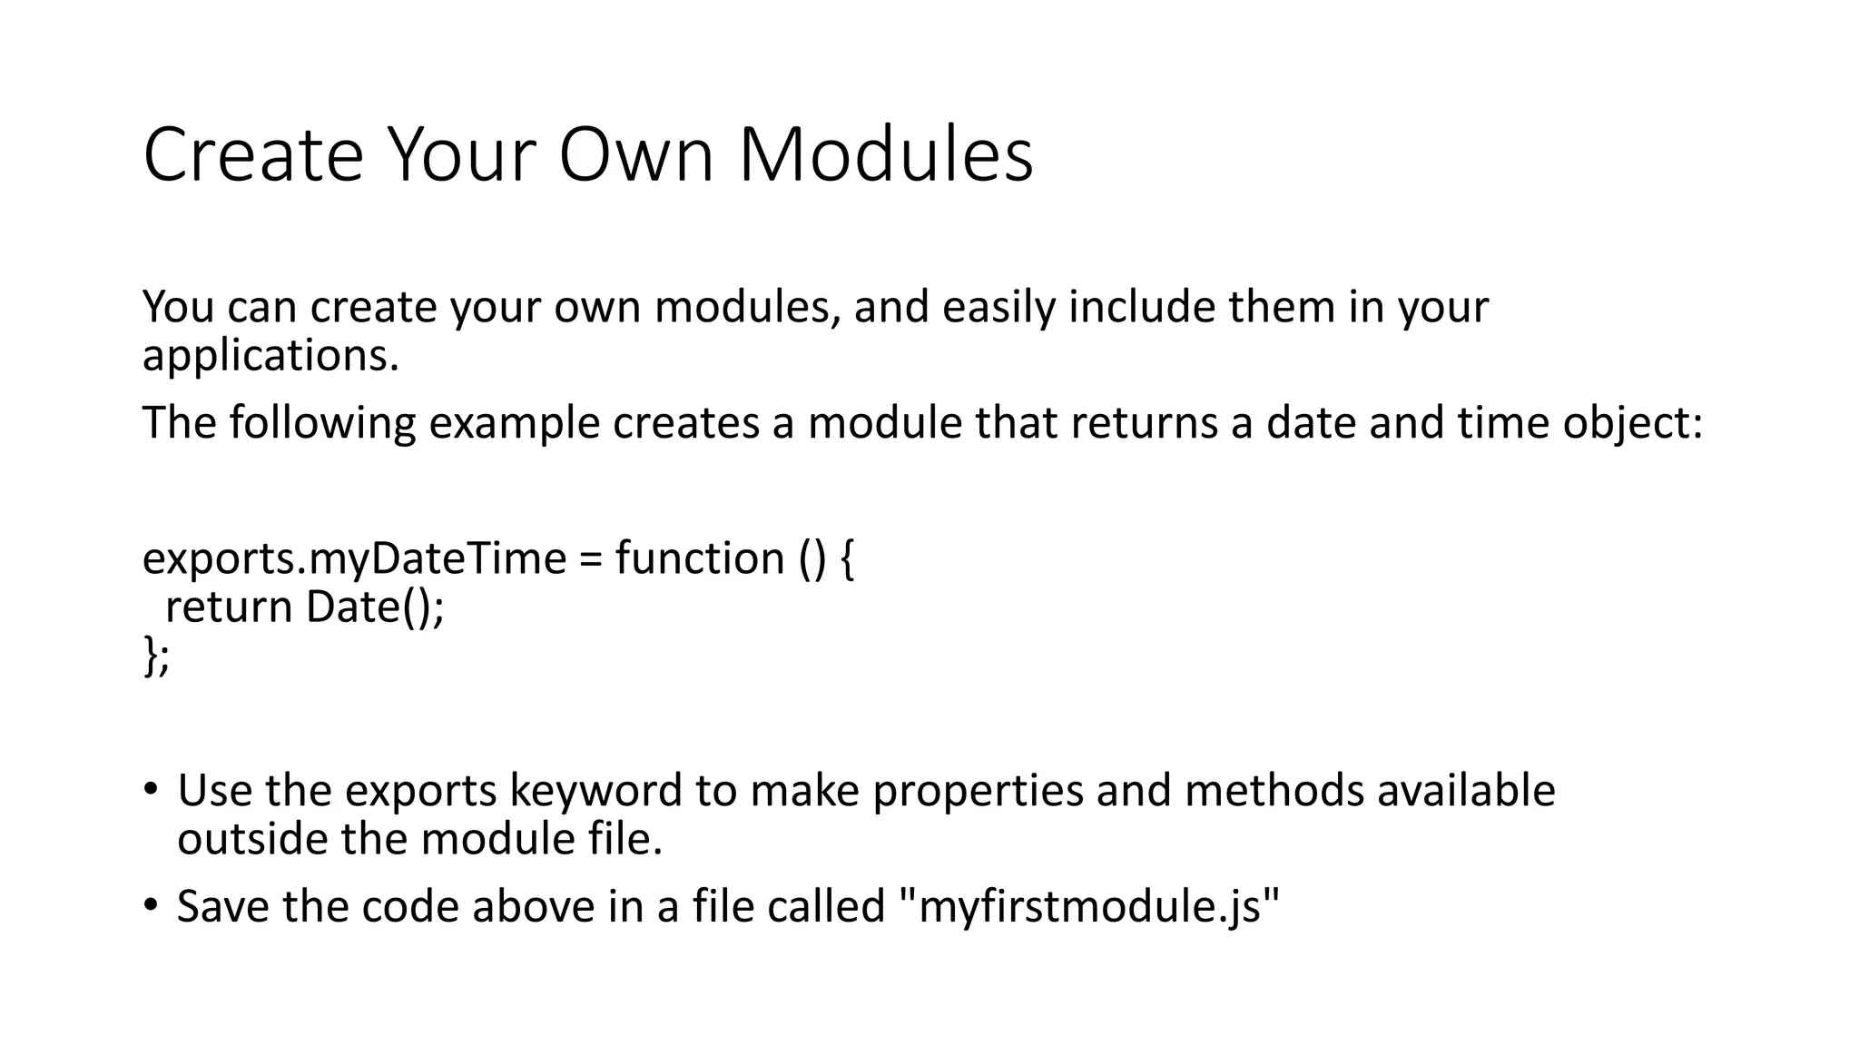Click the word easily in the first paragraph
pyautogui.click(x=998, y=307)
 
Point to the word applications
pyautogui.click(x=270, y=355)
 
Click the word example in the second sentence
pyautogui.click(x=514, y=422)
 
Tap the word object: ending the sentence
pyautogui.click(x=1633, y=422)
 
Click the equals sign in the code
pyautogui.click(x=590, y=558)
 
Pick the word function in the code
pyautogui.click(x=700, y=558)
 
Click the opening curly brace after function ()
pyautogui.click(x=846, y=559)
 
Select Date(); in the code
pyautogui.click(x=376, y=607)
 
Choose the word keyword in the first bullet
pyautogui.click(x=595, y=790)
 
